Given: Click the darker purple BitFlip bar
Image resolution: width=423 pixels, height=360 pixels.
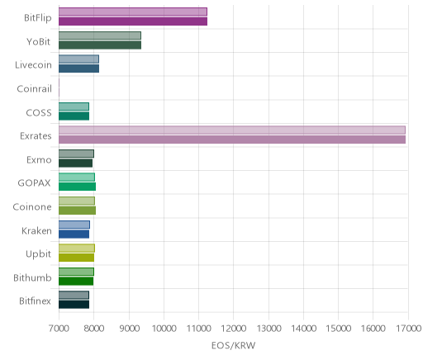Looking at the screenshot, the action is click(133, 21).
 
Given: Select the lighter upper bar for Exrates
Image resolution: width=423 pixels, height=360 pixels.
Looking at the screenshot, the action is click(232, 130).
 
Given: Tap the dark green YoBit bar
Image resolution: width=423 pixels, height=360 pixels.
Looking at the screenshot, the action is click(100, 45).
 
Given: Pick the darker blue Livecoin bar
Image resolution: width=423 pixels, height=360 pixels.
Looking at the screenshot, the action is click(78, 69).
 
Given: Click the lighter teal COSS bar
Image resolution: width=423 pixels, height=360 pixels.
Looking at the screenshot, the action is click(74, 107).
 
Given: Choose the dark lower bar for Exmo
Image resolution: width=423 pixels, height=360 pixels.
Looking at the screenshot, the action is click(75, 163).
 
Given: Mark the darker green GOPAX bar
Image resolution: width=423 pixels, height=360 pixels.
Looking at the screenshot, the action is click(77, 187).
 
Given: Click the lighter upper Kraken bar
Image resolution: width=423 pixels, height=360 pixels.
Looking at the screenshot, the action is click(74, 225).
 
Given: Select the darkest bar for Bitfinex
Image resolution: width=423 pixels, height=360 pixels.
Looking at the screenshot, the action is click(74, 305).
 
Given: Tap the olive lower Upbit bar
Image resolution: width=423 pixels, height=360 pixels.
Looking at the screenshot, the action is click(76, 258).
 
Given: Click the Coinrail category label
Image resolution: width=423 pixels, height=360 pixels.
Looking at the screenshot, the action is click(34, 88).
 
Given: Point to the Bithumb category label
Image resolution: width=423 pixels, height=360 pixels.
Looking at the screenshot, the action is click(32, 277).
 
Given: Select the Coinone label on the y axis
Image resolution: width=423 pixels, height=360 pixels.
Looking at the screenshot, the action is click(32, 206).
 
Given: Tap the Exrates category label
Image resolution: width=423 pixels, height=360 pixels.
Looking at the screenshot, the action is click(36, 135).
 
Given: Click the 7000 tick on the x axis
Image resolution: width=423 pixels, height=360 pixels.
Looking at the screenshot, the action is click(59, 328).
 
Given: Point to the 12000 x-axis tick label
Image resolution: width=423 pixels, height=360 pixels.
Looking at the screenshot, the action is click(234, 328).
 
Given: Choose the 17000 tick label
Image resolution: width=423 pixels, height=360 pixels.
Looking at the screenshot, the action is click(409, 328).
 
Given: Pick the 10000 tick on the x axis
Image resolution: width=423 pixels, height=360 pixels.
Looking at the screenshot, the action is click(164, 328).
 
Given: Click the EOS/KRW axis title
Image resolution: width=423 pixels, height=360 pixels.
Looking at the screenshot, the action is click(234, 345).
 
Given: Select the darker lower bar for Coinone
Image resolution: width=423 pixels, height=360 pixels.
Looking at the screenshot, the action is click(77, 211).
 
